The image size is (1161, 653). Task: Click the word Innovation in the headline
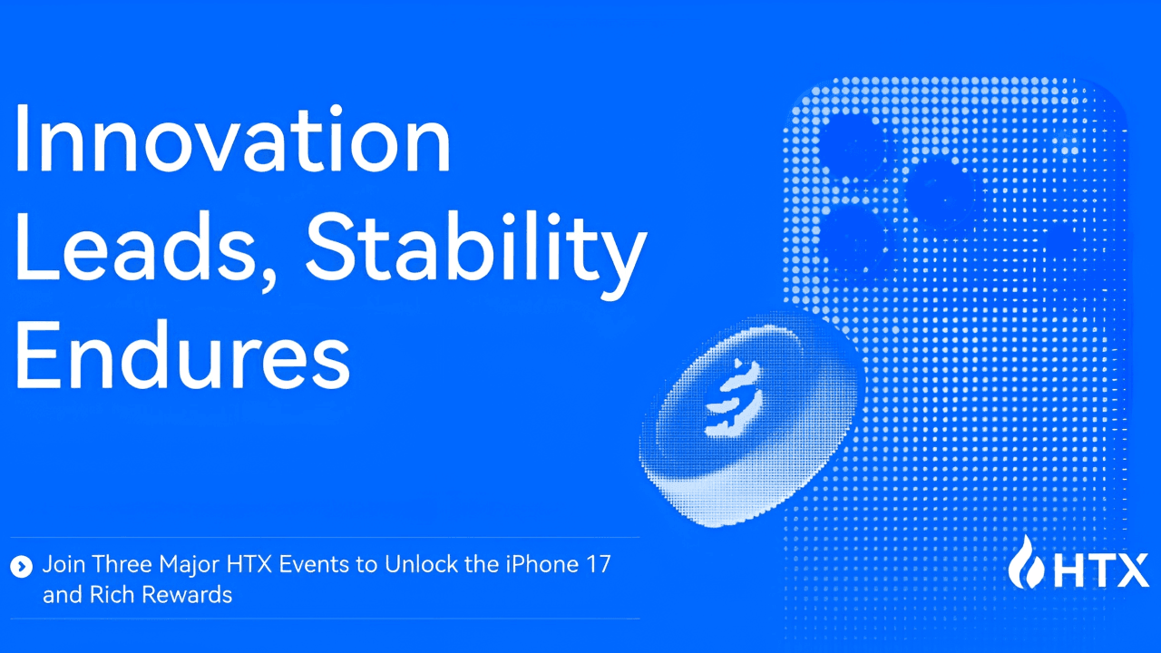pos(233,138)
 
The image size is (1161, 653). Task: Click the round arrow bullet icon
pos(21,567)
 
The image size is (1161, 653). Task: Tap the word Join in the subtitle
pos(63,564)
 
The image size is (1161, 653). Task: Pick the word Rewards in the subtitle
pos(187,595)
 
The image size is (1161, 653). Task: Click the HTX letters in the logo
pos(1101,570)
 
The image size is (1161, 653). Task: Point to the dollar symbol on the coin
pos(732,399)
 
